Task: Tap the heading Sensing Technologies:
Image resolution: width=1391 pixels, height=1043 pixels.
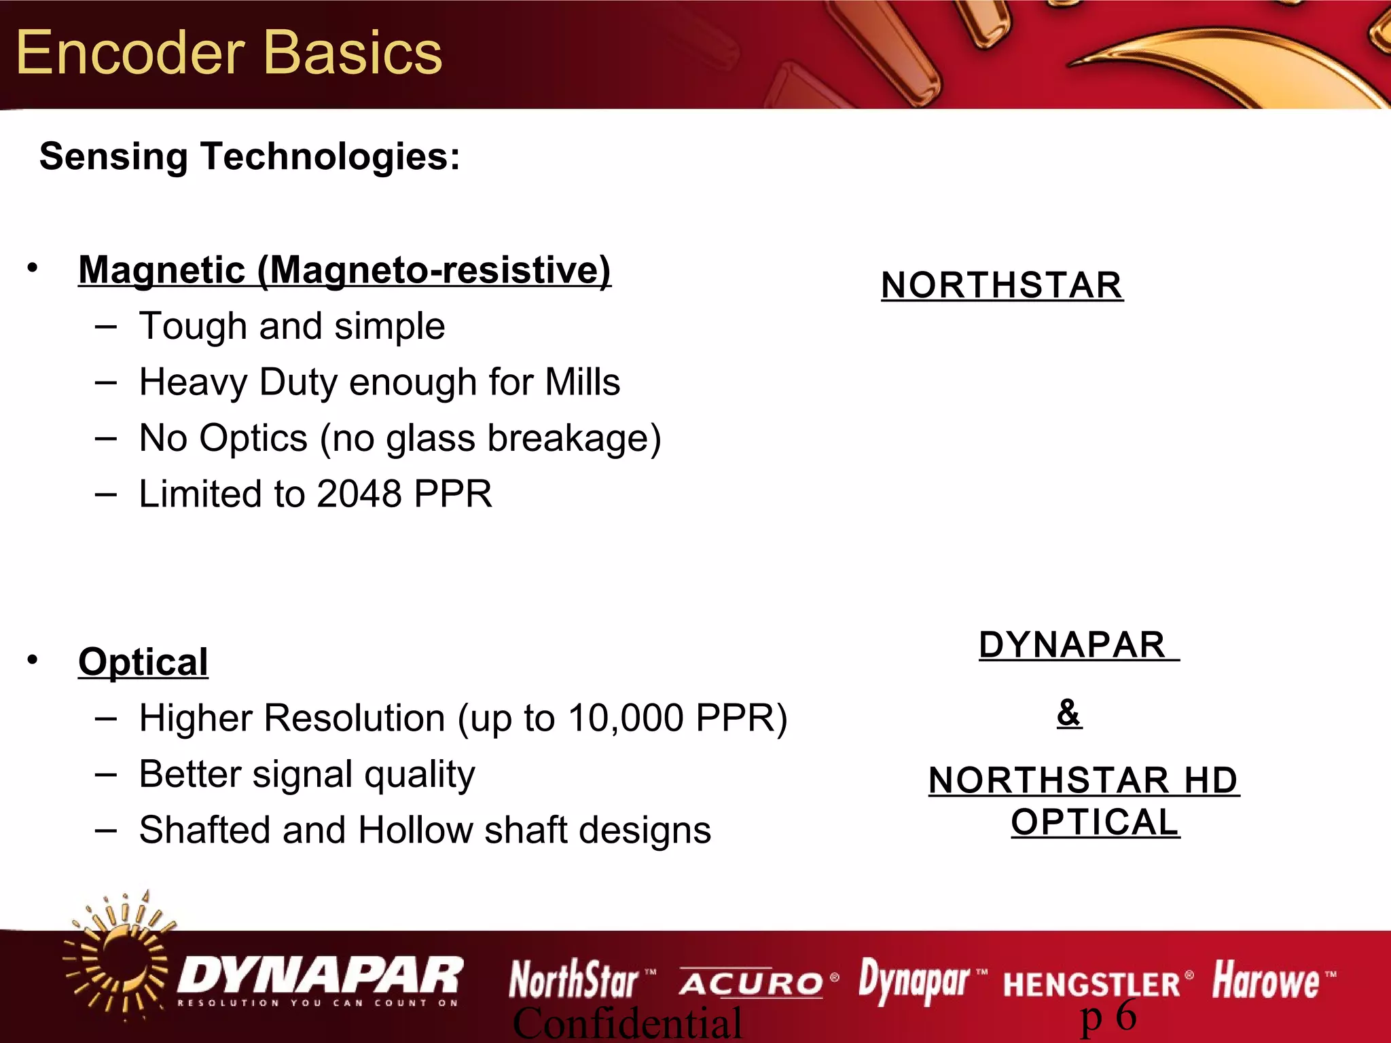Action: tap(250, 156)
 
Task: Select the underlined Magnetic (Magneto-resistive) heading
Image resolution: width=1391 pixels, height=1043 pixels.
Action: tap(344, 270)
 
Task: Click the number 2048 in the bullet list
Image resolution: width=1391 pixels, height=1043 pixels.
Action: tap(359, 494)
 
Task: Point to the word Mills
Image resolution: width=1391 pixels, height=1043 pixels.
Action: tap(582, 382)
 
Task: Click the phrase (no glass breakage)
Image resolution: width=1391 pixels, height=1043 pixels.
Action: tap(490, 439)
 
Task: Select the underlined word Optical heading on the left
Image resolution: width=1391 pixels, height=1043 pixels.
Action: tap(143, 661)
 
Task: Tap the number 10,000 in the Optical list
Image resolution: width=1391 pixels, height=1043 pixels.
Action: tap(626, 718)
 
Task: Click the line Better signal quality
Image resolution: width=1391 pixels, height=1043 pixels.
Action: tap(307, 774)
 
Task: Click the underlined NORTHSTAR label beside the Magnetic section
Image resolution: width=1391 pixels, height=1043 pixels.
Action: tap(1002, 285)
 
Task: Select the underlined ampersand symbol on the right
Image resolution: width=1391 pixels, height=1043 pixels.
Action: tap(1069, 712)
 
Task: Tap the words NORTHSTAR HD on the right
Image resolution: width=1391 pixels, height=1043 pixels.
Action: tap(1083, 780)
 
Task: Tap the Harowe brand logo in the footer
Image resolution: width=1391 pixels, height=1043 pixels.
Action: tap(1267, 981)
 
